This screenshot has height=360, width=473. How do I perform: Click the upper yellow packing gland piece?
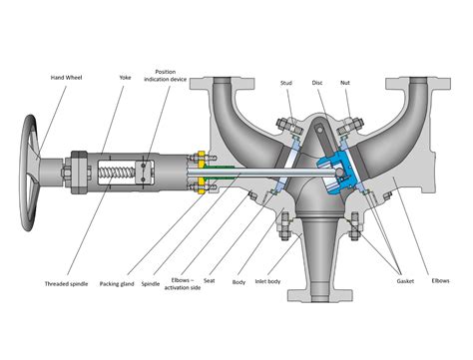[200, 157]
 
